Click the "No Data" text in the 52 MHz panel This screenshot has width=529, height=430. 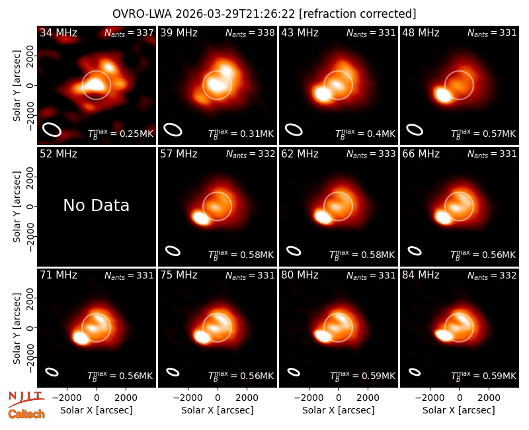click(x=96, y=205)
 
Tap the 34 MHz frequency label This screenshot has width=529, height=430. click(x=58, y=32)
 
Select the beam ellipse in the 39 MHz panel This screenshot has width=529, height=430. click(x=173, y=130)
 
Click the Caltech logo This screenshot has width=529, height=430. click(x=26, y=414)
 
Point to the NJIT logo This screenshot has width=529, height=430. click(x=26, y=399)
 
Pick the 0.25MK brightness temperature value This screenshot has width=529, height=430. click(x=132, y=134)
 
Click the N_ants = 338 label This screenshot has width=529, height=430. click(x=250, y=32)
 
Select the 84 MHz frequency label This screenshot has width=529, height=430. click(x=421, y=275)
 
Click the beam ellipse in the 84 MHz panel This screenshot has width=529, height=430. click(x=415, y=372)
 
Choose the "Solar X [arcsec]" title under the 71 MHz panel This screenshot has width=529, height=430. click(x=97, y=410)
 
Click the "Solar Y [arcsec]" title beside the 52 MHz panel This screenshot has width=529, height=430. click(x=17, y=206)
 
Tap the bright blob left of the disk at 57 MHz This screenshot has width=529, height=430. click(x=201, y=218)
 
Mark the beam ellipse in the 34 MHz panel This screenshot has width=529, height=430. click(x=52, y=130)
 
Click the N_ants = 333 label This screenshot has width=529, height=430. click(x=371, y=154)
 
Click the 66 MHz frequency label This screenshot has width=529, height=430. click(x=421, y=154)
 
